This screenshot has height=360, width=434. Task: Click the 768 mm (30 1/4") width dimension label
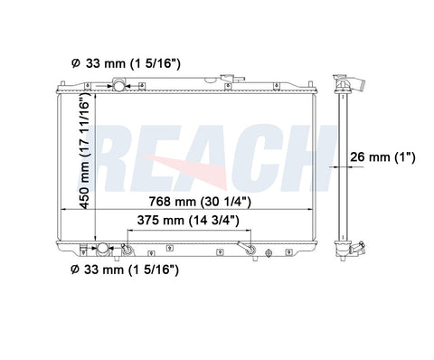(x=200, y=202)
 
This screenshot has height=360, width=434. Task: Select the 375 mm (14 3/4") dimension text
(x=188, y=221)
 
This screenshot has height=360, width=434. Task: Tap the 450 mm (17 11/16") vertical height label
(x=85, y=150)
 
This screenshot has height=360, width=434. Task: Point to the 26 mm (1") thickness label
(x=382, y=156)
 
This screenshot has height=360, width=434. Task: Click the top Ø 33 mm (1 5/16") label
(x=126, y=63)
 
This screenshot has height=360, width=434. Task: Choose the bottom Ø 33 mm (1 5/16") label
(x=125, y=270)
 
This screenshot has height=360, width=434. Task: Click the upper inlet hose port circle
(x=118, y=86)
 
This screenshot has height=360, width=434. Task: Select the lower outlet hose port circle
(x=102, y=249)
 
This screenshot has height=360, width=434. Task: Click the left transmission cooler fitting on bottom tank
(x=127, y=250)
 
